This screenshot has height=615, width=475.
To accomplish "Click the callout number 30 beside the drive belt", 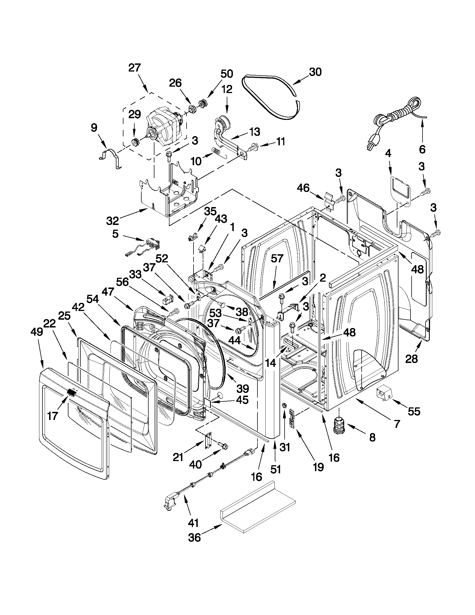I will click(x=315, y=72).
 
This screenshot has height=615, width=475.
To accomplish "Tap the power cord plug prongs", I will click(x=369, y=146).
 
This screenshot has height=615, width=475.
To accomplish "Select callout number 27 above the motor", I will click(x=135, y=68).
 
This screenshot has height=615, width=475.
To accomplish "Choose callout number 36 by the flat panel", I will click(x=194, y=537).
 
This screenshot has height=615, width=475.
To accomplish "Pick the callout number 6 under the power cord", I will click(x=422, y=149).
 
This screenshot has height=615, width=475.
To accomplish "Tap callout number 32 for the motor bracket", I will click(x=113, y=221).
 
